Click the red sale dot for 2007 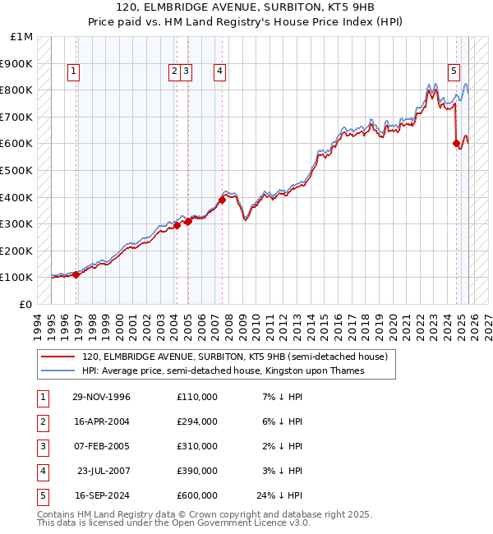coord(222,200)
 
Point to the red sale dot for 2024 coord(457,144)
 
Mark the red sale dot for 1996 coord(76,274)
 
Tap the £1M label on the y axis coord(22,37)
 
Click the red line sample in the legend coord(58,357)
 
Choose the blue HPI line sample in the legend coord(58,371)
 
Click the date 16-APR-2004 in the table coord(101,421)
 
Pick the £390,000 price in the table coord(196,471)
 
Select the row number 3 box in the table coord(42,446)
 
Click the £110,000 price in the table coord(196,397)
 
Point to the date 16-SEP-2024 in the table coord(101,495)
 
